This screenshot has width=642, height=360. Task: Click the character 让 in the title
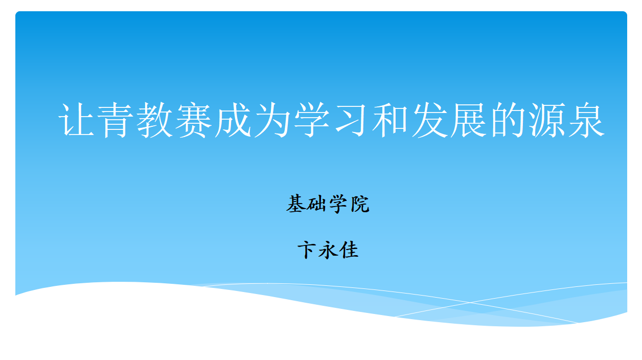[x=76, y=120]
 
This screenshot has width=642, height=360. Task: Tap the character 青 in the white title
[x=116, y=120]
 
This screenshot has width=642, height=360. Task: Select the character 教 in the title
[x=155, y=120]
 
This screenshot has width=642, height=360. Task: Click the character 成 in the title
[x=233, y=120]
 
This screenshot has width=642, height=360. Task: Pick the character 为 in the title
[x=272, y=120]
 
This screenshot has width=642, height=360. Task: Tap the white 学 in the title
[x=312, y=120]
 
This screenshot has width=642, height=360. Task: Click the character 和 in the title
[x=391, y=120]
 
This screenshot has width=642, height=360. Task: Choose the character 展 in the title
[x=469, y=120]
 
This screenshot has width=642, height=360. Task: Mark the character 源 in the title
[x=547, y=120]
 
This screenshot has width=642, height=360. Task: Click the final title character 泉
[x=587, y=120]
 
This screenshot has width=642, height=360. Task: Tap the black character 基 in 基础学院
[x=296, y=204]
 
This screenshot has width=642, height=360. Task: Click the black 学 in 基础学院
[x=338, y=204]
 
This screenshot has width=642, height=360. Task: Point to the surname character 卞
[x=307, y=250]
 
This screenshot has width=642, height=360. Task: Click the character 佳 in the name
[x=349, y=250]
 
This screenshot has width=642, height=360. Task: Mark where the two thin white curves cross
[x=470, y=302]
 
